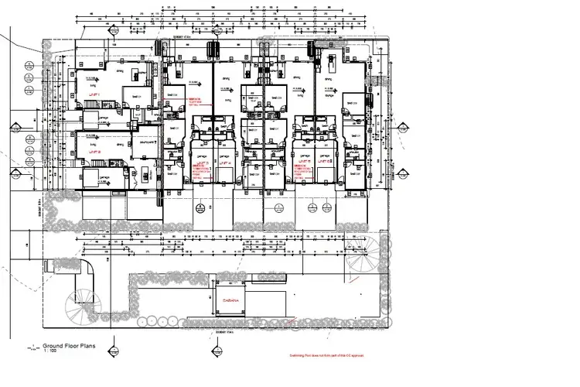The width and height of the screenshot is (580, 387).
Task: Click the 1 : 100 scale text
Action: click(50, 353)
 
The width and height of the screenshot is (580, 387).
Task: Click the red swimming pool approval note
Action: click(322, 356)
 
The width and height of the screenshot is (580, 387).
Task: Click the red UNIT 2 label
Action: click(97, 152)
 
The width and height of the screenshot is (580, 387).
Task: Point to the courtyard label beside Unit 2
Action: click(146, 142)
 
